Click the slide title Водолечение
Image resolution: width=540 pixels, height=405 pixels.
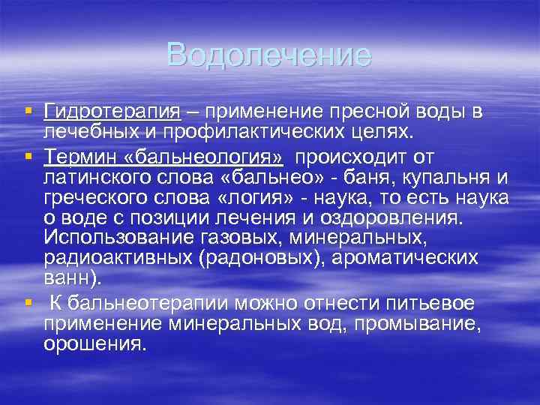coord(269,55)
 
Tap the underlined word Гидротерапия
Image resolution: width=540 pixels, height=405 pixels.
coord(112,112)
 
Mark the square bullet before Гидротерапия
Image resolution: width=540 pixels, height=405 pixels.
coord(28,111)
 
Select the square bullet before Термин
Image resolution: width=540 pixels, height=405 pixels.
coord(28,155)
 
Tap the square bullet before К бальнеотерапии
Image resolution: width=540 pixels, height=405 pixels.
coord(28,301)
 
